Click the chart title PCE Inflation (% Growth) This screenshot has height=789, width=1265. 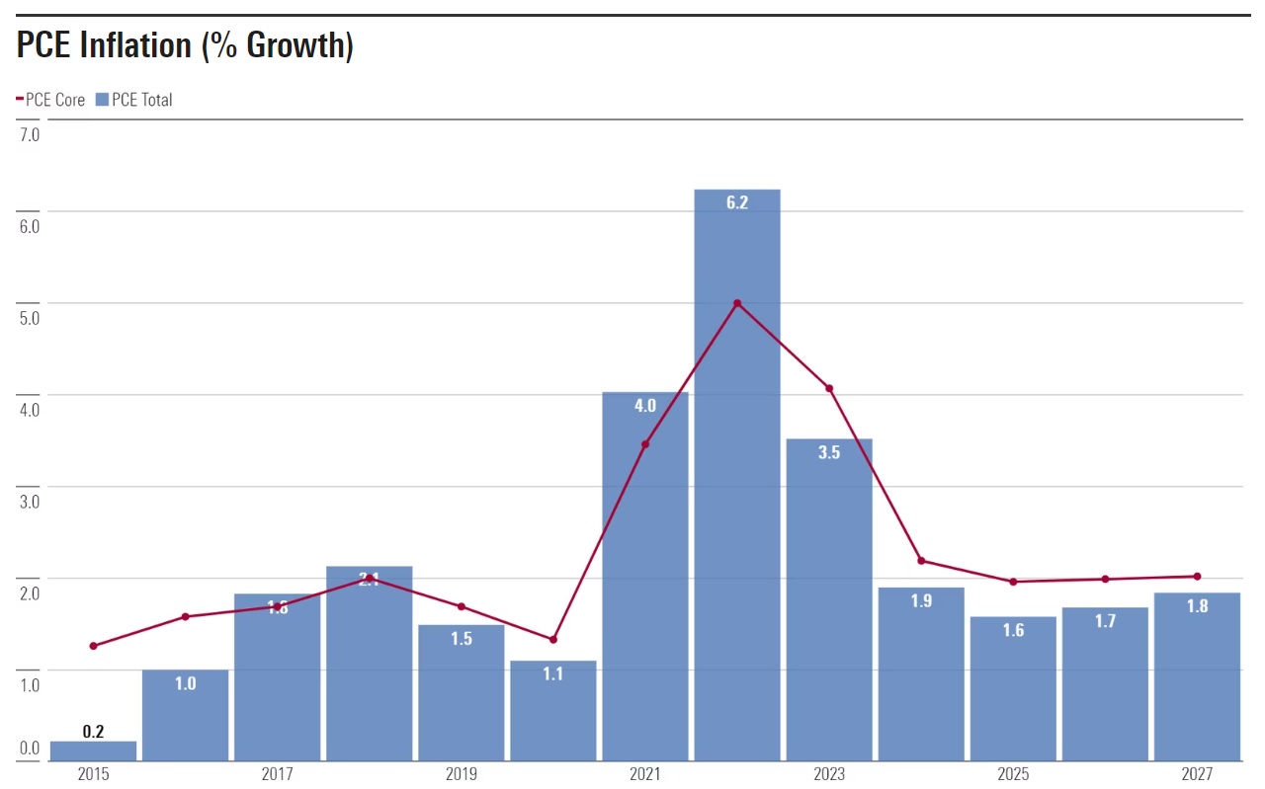point(185,45)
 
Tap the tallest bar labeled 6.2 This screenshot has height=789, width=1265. point(737,474)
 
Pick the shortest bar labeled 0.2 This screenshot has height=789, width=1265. point(93,750)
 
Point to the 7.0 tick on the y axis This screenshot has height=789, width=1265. point(29,134)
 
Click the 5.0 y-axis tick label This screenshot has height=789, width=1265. point(29,318)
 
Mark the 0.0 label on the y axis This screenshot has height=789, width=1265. point(29,748)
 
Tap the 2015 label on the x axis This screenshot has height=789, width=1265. point(93,775)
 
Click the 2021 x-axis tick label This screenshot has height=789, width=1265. point(645,775)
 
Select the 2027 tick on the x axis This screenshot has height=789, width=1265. point(1197,775)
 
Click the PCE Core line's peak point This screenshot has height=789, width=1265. point(737,303)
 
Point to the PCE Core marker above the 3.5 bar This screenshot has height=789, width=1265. point(829,388)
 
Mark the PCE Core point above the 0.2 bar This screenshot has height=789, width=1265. point(93,646)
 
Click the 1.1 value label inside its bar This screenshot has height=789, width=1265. point(553,675)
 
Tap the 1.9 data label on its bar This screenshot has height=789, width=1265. point(921,601)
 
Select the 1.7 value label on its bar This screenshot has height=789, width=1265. point(1105,622)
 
